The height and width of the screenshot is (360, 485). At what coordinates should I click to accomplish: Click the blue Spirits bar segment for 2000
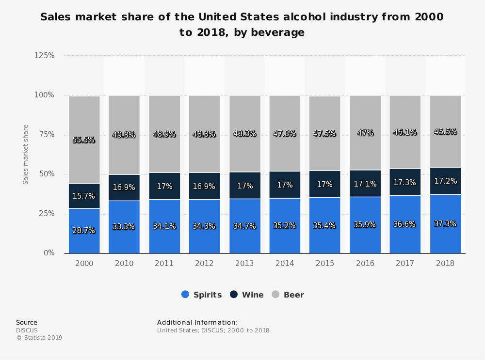(x=84, y=231)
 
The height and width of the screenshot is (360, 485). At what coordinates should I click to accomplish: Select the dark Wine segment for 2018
(x=445, y=180)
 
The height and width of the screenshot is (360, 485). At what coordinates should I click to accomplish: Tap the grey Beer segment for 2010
(x=124, y=135)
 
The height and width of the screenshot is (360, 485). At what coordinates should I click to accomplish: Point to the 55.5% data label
(x=84, y=140)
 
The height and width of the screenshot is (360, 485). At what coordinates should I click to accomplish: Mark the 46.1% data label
(x=405, y=132)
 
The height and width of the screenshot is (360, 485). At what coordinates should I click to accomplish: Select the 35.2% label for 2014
(x=285, y=225)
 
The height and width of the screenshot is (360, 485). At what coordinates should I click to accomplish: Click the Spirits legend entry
(x=201, y=295)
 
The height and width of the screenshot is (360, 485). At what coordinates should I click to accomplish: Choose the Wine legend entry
(x=247, y=295)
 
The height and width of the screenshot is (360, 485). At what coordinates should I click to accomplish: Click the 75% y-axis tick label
(x=46, y=135)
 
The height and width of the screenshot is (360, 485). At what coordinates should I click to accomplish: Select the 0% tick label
(x=49, y=253)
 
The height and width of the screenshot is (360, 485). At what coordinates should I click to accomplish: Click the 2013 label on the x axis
(x=244, y=263)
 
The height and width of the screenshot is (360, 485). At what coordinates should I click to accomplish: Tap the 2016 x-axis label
(x=365, y=263)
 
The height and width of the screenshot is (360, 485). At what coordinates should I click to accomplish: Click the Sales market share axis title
(x=26, y=154)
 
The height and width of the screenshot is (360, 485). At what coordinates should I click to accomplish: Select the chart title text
(x=242, y=25)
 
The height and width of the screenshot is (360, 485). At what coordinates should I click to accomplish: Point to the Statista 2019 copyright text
(x=39, y=338)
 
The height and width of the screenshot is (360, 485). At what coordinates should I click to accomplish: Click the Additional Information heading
(x=197, y=322)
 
